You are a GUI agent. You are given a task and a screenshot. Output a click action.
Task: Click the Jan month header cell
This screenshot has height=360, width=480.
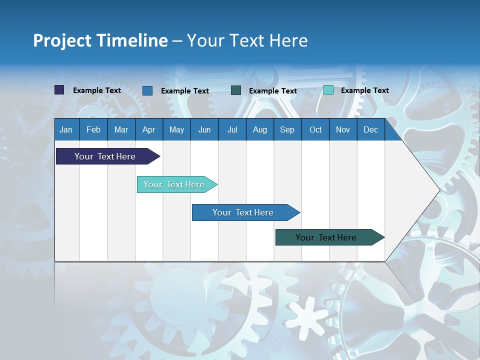click(x=66, y=129)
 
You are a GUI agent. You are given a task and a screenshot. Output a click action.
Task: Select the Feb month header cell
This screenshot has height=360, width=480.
click(x=93, y=129)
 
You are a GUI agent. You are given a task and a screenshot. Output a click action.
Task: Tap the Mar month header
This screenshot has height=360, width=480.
click(x=121, y=129)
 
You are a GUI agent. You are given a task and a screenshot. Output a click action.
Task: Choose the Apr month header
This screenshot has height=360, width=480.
click(x=149, y=129)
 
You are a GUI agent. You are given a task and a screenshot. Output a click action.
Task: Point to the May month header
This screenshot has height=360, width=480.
click(x=176, y=129)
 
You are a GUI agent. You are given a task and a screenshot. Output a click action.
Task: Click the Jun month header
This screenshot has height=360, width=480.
click(x=204, y=129)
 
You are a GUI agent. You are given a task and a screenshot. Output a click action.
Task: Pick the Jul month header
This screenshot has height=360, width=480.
click(x=232, y=129)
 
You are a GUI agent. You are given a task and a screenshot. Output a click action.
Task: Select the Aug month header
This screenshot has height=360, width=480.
click(x=260, y=129)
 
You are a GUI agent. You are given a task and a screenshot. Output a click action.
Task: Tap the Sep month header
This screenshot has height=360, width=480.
click(x=287, y=129)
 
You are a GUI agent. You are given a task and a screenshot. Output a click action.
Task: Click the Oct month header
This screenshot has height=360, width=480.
click(x=315, y=129)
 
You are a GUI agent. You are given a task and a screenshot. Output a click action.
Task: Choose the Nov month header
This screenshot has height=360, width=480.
click(x=343, y=129)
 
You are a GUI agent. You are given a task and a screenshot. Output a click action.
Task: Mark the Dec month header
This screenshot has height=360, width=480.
click(x=371, y=129)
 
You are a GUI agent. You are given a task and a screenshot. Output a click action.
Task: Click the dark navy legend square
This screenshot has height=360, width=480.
click(x=59, y=90)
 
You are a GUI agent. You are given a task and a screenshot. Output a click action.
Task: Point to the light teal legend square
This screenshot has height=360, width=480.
click(x=328, y=90)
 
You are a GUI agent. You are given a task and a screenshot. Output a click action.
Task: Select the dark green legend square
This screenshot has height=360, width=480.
click(x=236, y=90)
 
